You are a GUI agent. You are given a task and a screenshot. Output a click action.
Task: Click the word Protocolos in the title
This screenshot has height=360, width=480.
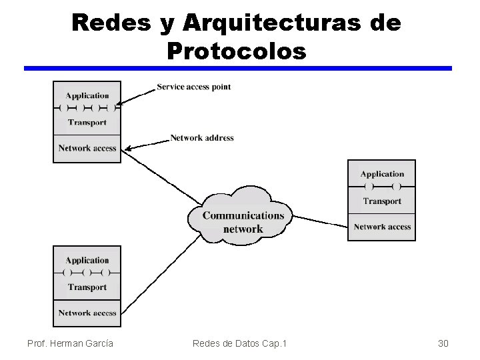[x=237, y=50]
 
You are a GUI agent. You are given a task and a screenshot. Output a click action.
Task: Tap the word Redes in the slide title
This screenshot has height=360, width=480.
[x=111, y=23]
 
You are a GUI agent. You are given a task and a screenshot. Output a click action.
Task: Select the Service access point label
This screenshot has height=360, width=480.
[x=194, y=87]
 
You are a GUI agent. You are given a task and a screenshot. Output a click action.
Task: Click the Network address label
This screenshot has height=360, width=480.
[x=202, y=138]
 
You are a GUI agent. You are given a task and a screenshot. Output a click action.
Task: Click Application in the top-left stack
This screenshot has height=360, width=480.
[x=87, y=95]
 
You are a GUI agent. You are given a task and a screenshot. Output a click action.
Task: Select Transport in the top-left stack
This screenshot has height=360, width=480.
[x=87, y=123]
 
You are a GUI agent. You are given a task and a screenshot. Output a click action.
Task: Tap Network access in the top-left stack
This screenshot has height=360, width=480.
[x=87, y=148]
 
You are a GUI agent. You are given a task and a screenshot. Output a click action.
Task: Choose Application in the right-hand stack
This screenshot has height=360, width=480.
[x=382, y=174]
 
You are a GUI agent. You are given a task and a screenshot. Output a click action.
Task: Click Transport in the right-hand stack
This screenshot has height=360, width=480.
[x=382, y=201]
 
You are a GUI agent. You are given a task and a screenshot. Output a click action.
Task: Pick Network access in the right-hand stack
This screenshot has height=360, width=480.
[x=382, y=227]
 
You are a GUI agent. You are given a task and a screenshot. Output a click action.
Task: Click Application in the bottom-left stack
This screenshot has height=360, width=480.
[x=87, y=260]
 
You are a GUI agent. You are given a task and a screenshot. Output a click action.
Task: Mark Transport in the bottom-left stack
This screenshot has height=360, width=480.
[x=87, y=287]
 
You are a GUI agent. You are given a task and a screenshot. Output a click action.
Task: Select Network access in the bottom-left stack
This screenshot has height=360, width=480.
[x=87, y=313]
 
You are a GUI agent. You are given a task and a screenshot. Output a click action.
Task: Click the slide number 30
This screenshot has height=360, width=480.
[x=443, y=343]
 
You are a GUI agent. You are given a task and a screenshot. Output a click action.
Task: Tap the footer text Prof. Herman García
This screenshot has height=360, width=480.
[x=70, y=343]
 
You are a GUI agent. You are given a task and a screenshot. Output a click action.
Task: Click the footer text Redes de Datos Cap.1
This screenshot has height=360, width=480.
[x=239, y=343]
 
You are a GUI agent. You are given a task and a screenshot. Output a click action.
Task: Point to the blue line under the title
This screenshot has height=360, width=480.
[x=238, y=68]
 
